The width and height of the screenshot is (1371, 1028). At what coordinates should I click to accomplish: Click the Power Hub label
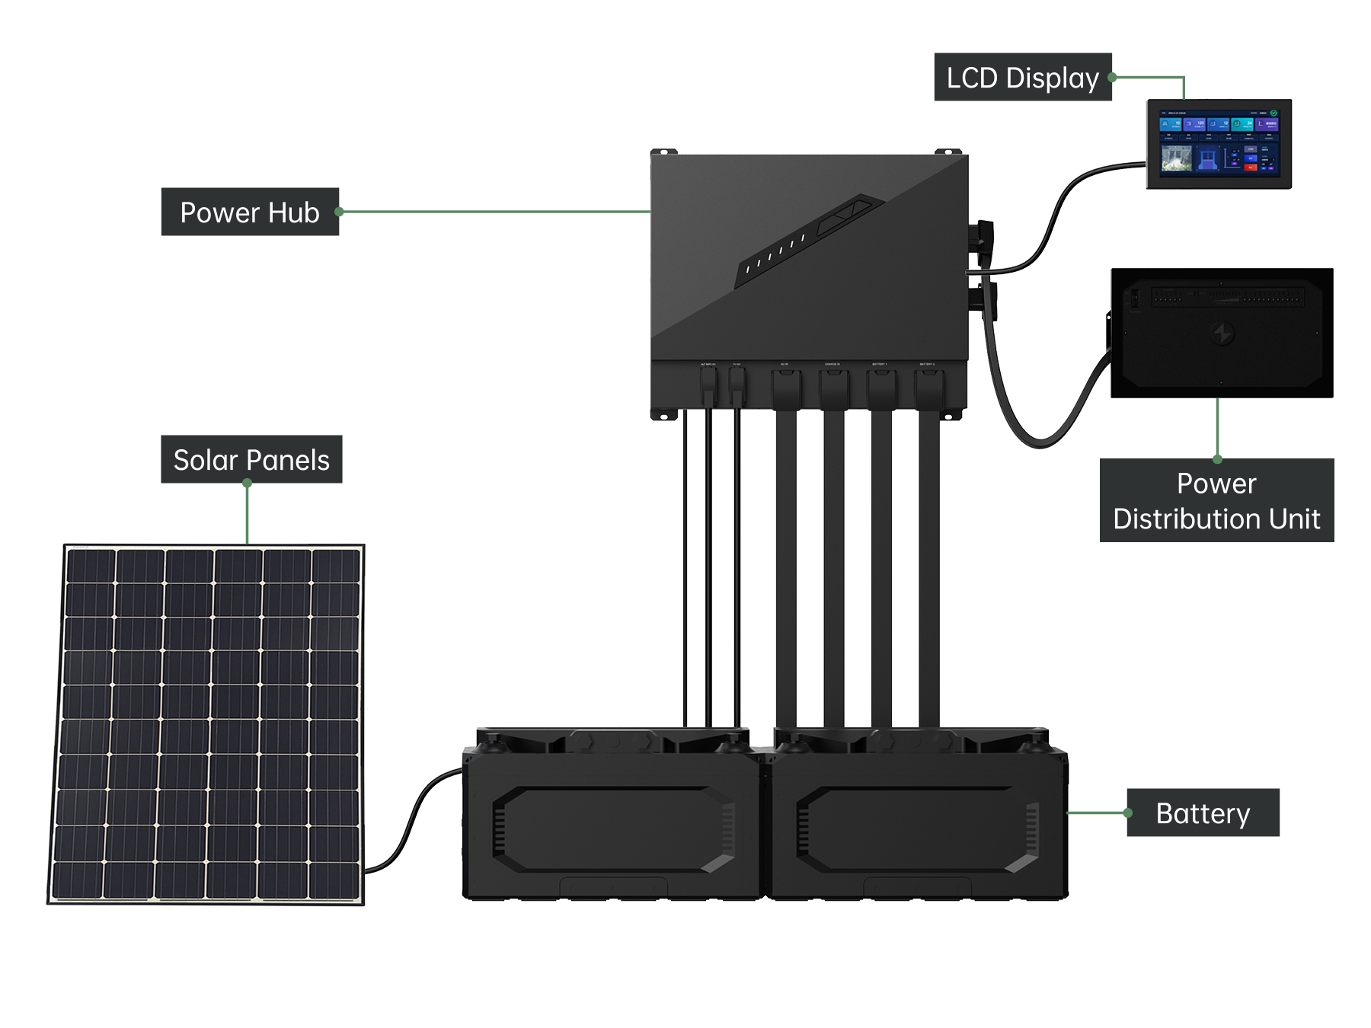tap(250, 212)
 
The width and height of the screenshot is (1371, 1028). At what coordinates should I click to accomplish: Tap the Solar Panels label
tap(251, 460)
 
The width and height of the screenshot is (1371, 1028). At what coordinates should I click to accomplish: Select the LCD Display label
tap(1022, 78)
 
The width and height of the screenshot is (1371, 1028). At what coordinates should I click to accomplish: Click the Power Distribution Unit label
tap(1216, 501)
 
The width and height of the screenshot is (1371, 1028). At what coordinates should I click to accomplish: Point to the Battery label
tap(1203, 813)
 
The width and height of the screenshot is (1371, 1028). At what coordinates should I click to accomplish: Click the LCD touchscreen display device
tap(1219, 144)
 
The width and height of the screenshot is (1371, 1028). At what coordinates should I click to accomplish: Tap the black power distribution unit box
tap(1222, 333)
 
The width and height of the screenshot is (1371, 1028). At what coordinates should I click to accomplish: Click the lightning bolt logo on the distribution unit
tap(1222, 334)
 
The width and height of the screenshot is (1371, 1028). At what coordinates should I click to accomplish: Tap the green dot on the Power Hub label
tap(340, 212)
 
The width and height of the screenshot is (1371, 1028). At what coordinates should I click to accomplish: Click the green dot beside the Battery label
tap(1128, 813)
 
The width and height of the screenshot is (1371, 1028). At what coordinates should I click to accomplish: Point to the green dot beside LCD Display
tap(1112, 78)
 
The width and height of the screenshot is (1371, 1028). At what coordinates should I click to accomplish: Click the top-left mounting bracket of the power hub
tap(664, 152)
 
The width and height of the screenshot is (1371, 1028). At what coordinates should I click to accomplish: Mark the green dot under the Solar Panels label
tap(248, 483)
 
